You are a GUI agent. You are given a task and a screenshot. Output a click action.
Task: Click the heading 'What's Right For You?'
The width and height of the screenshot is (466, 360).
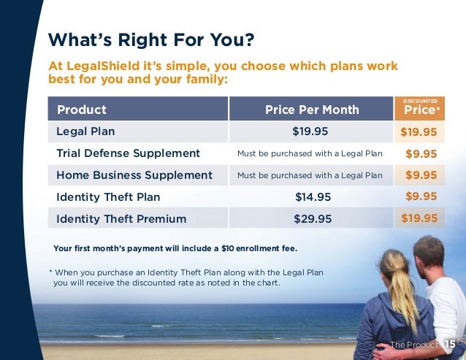pyautogui.click(x=150, y=37)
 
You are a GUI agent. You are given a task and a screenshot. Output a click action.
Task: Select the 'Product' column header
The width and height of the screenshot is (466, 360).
pyautogui.click(x=82, y=110)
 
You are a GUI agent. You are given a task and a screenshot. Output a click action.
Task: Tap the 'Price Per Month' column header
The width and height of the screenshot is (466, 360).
pyautogui.click(x=312, y=110)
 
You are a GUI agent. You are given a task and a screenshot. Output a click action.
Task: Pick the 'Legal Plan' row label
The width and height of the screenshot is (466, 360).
pyautogui.click(x=85, y=131)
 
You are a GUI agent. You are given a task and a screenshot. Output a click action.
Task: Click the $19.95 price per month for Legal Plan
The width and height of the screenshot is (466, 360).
pyautogui.click(x=310, y=131)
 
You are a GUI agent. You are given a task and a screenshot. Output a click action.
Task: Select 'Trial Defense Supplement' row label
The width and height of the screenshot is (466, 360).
pyautogui.click(x=128, y=153)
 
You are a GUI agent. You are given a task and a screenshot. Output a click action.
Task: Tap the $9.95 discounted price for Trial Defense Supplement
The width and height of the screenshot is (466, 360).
pyautogui.click(x=421, y=154)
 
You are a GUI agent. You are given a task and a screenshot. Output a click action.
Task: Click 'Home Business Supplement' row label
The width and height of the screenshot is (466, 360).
pyautogui.click(x=134, y=175)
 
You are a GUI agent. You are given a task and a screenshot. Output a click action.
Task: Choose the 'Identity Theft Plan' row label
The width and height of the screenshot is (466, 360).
pyautogui.click(x=108, y=196)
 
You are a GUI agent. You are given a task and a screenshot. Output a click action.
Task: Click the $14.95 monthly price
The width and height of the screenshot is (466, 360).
pyautogui.click(x=312, y=196)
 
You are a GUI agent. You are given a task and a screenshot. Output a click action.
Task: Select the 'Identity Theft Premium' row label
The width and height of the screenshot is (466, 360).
pyautogui.click(x=121, y=218)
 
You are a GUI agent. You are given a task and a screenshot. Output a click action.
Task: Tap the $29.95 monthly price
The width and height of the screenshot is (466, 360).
pyautogui.click(x=313, y=218)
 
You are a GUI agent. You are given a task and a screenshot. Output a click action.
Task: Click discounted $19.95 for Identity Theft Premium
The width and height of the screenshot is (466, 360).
pyautogui.click(x=419, y=218)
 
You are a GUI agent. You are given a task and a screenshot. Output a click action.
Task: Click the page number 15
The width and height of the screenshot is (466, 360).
pyautogui.click(x=450, y=344)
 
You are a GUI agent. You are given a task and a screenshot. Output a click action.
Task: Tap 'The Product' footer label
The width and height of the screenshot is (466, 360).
pyautogui.click(x=414, y=345)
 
